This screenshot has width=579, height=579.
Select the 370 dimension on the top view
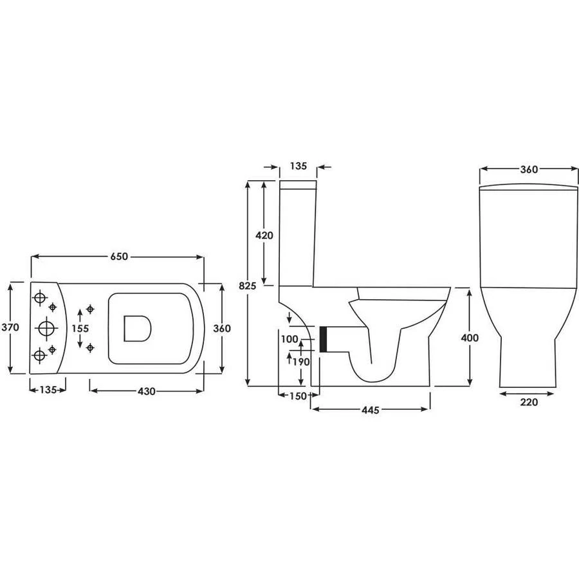tap(10, 327)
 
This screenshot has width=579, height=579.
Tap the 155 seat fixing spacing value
tap(80, 327)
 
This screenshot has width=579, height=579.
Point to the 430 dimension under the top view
tap(147, 391)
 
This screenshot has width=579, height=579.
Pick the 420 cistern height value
tap(264, 235)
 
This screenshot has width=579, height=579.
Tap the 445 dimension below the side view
tap(368, 410)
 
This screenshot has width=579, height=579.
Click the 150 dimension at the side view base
tap(297, 396)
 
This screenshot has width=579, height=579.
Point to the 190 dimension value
tap(302, 362)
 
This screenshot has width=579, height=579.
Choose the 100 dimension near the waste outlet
tap(289, 338)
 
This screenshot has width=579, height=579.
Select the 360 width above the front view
tap(528, 169)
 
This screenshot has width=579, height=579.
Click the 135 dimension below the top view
tap(48, 389)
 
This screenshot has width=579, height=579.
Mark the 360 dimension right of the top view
tap(221, 327)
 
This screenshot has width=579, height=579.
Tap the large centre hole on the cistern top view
tap(46, 327)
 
